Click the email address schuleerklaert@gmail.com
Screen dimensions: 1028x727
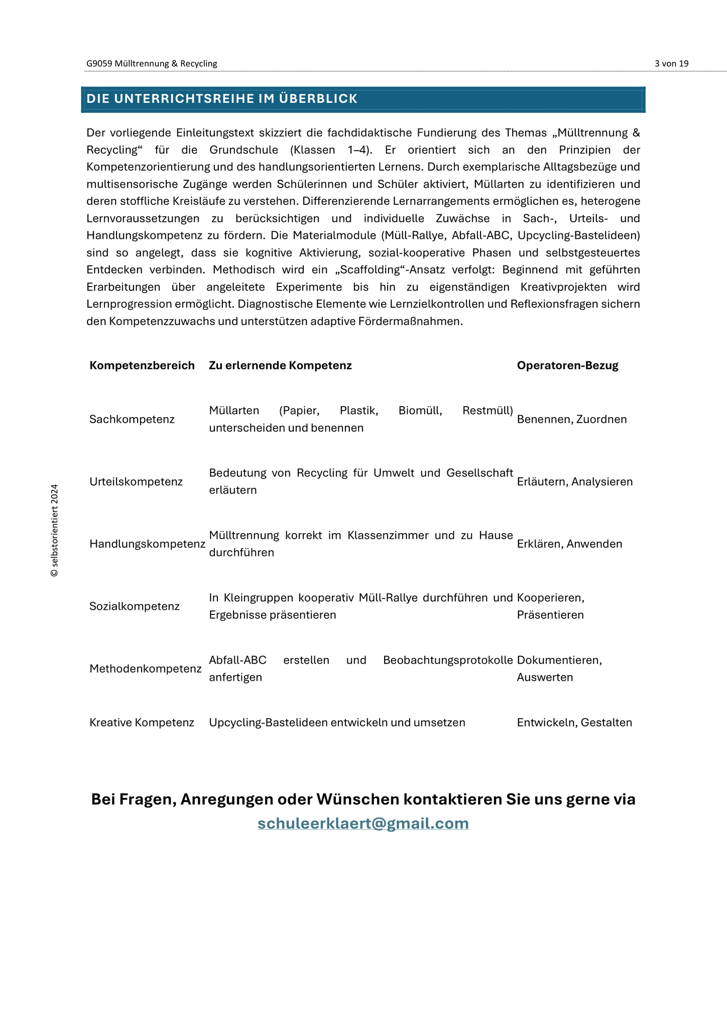tap(363, 824)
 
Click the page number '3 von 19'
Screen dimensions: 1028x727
tap(671, 64)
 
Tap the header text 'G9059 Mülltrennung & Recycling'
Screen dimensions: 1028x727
tap(152, 64)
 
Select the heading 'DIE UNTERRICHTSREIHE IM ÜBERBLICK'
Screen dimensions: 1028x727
tap(222, 99)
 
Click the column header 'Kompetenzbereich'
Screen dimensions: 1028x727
tap(142, 365)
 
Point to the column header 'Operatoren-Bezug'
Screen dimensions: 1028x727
tap(567, 365)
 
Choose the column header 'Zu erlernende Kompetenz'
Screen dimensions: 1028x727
tap(280, 365)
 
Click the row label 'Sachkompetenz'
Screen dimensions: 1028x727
tap(132, 419)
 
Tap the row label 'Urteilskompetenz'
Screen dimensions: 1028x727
tap(136, 482)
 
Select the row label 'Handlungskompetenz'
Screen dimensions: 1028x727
tap(147, 544)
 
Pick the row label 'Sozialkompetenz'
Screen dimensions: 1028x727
tap(135, 606)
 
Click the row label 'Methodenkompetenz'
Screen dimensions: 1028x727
tap(146, 669)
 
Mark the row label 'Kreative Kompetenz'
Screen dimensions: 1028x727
tap(142, 723)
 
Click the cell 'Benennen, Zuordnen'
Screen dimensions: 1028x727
tap(572, 419)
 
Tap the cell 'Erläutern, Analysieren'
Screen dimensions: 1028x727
tap(575, 482)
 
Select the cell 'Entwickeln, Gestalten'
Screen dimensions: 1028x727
tap(574, 723)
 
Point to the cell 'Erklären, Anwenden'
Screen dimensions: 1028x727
tap(569, 544)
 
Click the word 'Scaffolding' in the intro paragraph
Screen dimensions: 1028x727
tap(370, 270)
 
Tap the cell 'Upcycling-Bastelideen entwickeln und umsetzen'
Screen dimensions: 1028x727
tap(337, 723)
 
